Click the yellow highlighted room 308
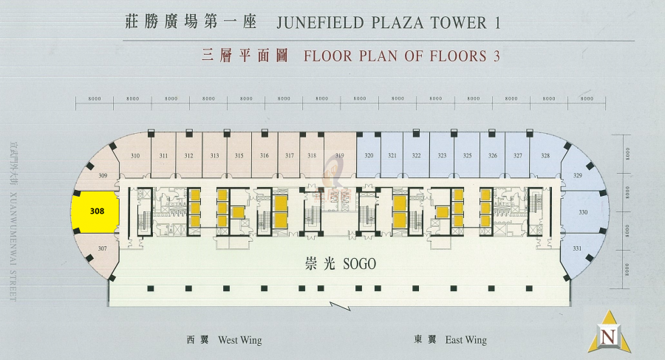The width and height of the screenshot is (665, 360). [x=97, y=211]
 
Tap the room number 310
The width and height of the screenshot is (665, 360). [x=135, y=156]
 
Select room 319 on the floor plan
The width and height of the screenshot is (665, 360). [x=339, y=156]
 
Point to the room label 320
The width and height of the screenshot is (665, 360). [x=369, y=156]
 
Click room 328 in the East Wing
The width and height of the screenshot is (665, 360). [x=545, y=156]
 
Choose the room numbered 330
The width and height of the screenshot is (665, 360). [x=583, y=212]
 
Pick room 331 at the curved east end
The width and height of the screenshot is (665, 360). [x=577, y=248]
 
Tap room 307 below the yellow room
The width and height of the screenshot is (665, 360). [x=103, y=248]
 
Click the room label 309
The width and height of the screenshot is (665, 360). [x=103, y=175]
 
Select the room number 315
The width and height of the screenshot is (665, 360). [x=239, y=156]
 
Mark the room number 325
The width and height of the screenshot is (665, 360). [x=467, y=156]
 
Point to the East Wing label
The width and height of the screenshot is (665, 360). [x=466, y=341]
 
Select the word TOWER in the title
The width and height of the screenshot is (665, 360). [x=451, y=23]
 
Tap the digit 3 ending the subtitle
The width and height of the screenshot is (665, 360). [x=486, y=56]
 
